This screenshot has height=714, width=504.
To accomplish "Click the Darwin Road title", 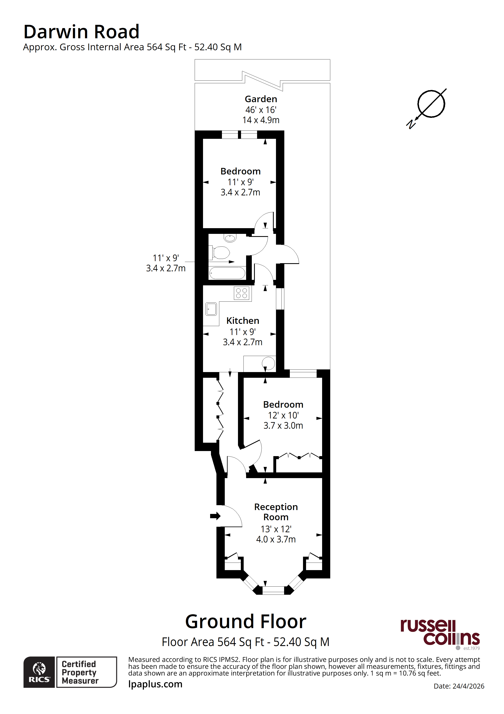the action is tap(81, 32).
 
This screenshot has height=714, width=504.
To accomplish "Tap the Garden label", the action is tap(261, 99).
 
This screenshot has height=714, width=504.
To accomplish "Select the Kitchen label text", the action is tap(242, 321).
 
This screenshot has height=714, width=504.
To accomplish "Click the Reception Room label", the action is tap(276, 512).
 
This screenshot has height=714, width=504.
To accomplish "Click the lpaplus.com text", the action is tap(155, 684).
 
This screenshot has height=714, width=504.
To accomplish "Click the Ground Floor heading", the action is tap(246, 622).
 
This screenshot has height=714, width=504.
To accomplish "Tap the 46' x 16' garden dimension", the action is tap(261, 110).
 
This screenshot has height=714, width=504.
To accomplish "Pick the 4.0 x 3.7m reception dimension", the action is tap(276, 539).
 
